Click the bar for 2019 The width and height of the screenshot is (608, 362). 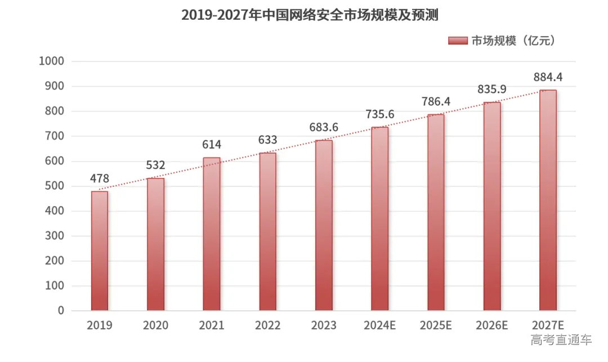pos(100,251)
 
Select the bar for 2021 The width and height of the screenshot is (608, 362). pos(212,234)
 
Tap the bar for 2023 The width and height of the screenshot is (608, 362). pos(324,225)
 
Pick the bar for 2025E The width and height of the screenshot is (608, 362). pos(436,212)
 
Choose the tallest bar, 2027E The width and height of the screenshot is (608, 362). pos(548,200)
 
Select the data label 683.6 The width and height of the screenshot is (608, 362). pos(324,128)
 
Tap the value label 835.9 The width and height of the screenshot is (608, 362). pos(492,90)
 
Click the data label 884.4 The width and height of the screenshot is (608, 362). pos(548,77)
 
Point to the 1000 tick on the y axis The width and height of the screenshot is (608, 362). pos(52,61)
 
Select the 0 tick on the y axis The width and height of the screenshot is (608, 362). pos(61,311)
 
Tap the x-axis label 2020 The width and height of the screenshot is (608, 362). pos(155,325)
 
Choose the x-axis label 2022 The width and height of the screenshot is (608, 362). pos(267,325)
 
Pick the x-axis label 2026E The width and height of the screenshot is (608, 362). pos(492,325)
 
